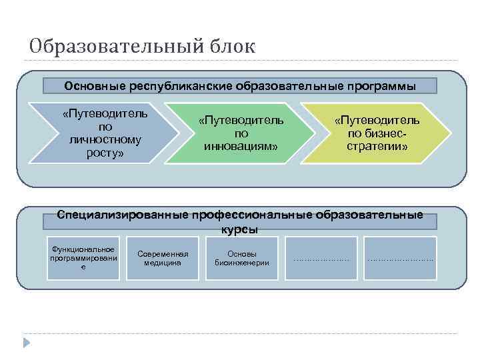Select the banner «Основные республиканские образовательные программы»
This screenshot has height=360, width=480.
point(240,86)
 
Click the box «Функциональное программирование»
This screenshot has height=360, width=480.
point(83,258)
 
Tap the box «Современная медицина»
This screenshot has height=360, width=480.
point(163,258)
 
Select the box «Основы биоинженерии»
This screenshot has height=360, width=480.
point(242,258)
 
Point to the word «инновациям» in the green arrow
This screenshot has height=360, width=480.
point(241,145)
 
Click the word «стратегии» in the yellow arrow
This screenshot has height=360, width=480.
point(377,145)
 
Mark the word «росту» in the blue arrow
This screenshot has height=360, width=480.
point(105,153)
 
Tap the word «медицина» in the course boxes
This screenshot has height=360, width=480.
point(163,263)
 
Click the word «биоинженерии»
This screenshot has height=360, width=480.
point(242,263)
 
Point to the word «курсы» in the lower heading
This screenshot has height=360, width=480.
point(239,229)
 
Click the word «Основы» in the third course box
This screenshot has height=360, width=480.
point(242,253)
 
